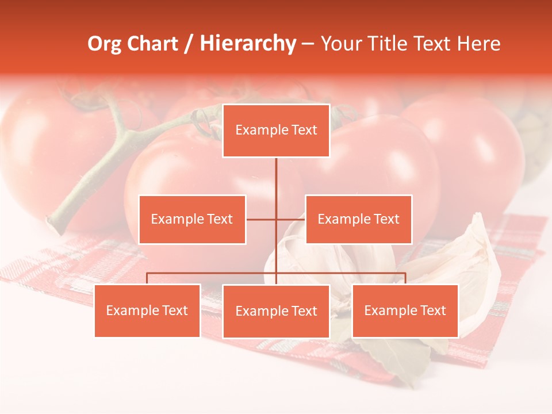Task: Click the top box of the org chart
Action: pos(276,131)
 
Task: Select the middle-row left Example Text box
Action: pos(192,219)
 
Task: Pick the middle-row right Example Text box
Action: pos(358,219)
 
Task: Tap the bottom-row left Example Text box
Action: pos(147,310)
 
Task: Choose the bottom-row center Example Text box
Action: pos(276,311)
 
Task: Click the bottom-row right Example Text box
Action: pos(405,310)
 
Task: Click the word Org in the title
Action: pos(104,44)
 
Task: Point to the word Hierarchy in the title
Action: pos(248,44)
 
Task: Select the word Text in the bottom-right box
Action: pos(432,310)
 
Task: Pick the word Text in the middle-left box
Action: pos(219,219)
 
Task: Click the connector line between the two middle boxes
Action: pos(276,219)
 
